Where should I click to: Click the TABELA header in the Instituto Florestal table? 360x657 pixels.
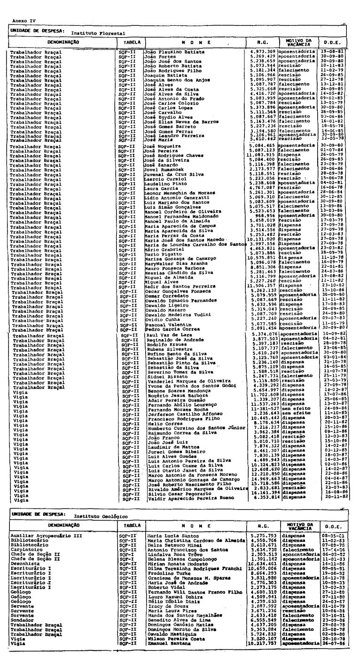tap(127, 42)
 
